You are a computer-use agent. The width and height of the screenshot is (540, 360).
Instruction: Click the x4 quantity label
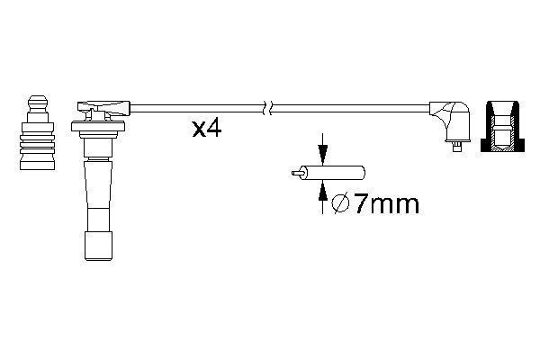pyautogui.click(x=207, y=129)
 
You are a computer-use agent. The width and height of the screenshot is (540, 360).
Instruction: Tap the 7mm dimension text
pyautogui.click(x=387, y=203)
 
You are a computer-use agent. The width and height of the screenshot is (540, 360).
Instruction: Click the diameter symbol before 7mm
pyautogui.click(x=340, y=203)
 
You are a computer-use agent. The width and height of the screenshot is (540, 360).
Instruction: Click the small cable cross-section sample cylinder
pyautogui.click(x=332, y=173)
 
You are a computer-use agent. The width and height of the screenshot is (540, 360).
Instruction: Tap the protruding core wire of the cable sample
pyautogui.click(x=296, y=173)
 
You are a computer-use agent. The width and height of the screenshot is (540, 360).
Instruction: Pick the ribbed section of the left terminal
pyautogui.click(x=37, y=144)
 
